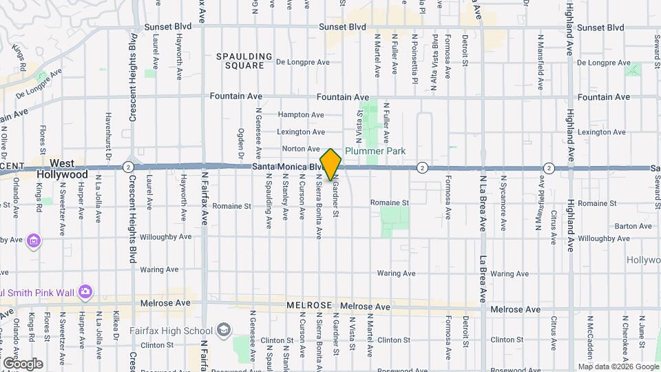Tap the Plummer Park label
click(x=375, y=151)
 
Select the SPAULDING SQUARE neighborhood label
click(x=240, y=61)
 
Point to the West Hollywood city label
click(x=62, y=169)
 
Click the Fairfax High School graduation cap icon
click(x=223, y=330)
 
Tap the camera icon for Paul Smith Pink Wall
click(x=85, y=292)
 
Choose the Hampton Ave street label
click(x=301, y=115)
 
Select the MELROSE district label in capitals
click(x=310, y=305)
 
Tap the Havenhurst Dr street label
click(x=109, y=135)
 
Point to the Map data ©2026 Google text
click(x=618, y=366)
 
